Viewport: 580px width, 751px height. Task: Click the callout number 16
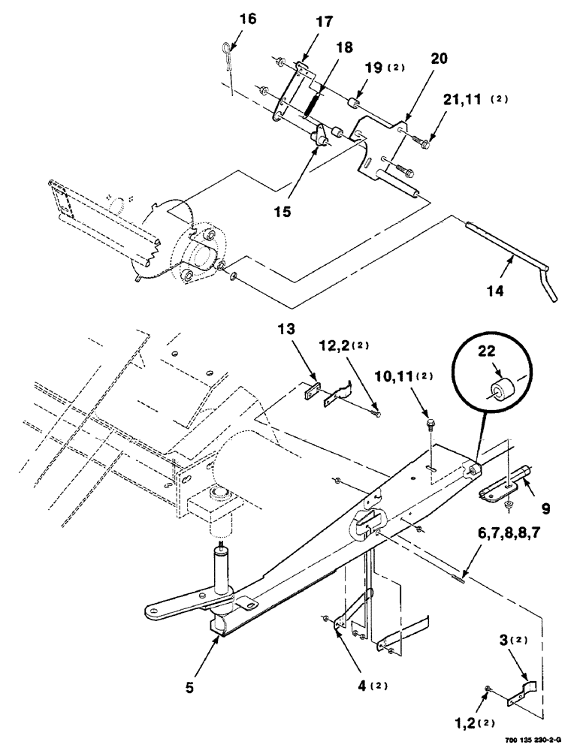(247, 19)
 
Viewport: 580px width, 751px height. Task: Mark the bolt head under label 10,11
(428, 424)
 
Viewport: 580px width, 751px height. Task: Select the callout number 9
(546, 508)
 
